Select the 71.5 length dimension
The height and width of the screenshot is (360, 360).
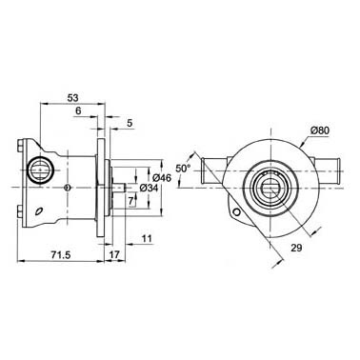[61, 255]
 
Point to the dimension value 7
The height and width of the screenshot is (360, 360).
[130, 200]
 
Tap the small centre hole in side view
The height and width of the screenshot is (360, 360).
[67, 188]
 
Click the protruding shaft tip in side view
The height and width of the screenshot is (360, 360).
[121, 188]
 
